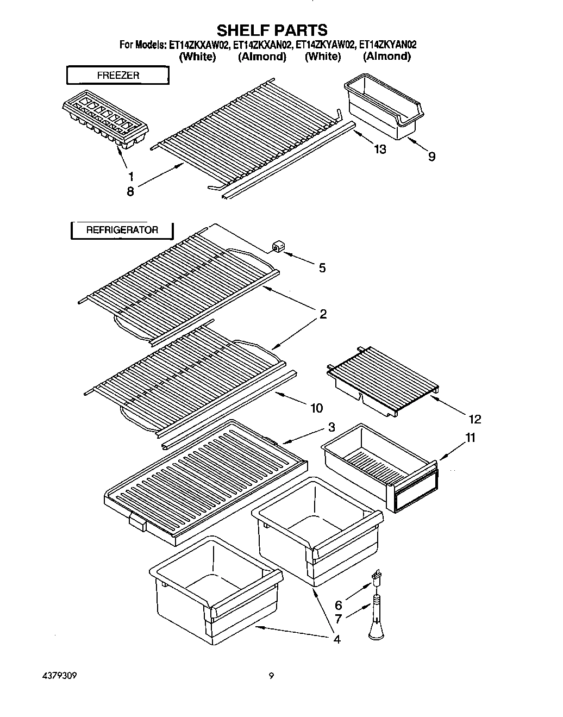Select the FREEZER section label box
pos(118,76)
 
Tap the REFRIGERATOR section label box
pos(122,230)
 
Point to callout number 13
pos(380,148)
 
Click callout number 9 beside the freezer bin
pos(431,157)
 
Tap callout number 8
pos(130,191)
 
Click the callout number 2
pos(323,314)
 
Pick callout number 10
pos(316,407)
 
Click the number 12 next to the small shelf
pos(474,419)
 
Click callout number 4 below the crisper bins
pos(336,639)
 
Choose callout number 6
pos(338,605)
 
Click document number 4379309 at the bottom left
pos(59,677)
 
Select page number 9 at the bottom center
pos(271,677)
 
